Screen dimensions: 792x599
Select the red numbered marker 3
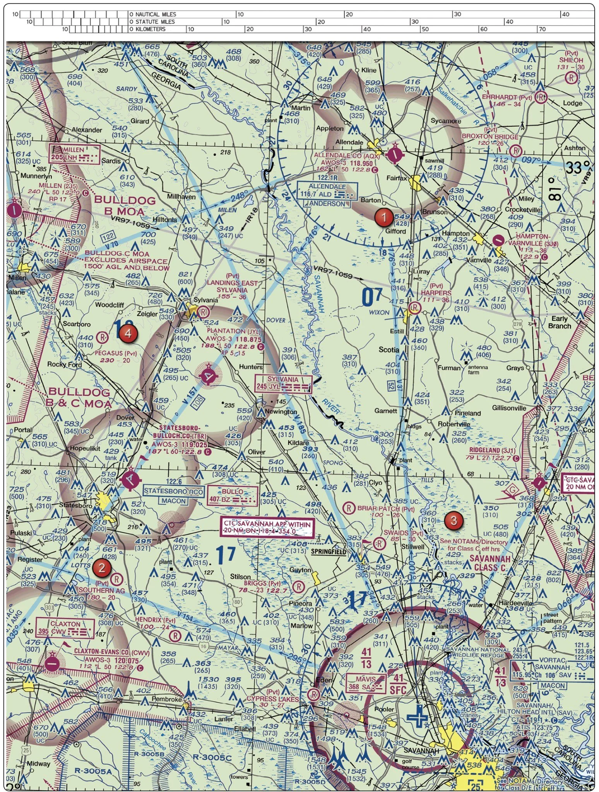pos(454,520)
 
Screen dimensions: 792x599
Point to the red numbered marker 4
pos(128,333)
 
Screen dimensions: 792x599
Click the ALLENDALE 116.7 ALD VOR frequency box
pos(327,195)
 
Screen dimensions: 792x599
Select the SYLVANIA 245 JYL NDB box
pos(283,384)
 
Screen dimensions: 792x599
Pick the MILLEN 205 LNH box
pos(74,154)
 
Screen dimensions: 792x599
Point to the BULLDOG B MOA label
pos(125,205)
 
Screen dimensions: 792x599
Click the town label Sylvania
pos(205,300)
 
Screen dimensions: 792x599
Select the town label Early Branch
pos(559,322)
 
